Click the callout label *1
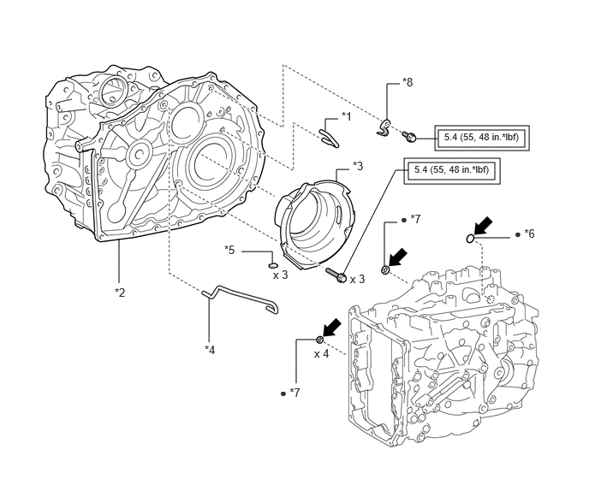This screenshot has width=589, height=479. pos(346,115)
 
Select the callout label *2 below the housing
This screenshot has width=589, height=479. pos(121,293)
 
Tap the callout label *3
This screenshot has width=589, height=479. pos(357,166)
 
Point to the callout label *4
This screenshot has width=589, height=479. pos(210,348)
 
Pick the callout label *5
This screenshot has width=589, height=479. pos(229,251)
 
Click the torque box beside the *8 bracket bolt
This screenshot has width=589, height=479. pos(480,137)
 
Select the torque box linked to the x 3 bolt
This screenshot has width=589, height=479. pos(449,171)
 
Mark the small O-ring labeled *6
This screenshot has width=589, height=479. pos(471,237)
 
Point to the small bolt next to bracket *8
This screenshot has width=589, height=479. pos(412,137)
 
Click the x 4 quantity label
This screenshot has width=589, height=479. pos(322,353)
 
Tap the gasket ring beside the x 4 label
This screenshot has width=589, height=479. pos(319,340)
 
